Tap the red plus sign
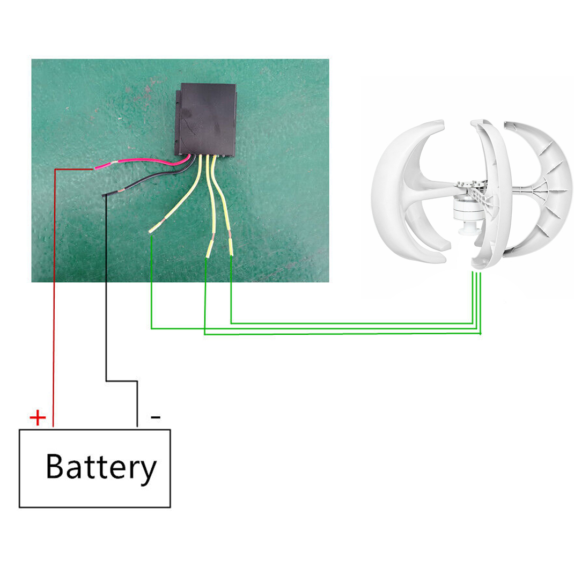[x=38, y=418]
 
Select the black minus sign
[x=156, y=417]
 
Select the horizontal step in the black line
[x=122, y=381]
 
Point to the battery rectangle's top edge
[x=95, y=430]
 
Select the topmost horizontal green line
[x=352, y=323]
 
